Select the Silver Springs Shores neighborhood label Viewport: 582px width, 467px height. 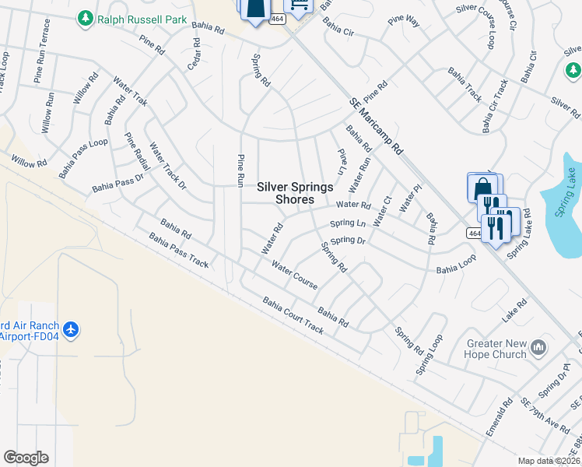tap(295, 193)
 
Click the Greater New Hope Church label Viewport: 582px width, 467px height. tap(496, 349)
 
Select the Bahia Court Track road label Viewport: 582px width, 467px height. tap(293, 315)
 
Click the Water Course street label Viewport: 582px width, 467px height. tap(294, 275)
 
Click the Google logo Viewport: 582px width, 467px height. tap(26, 458)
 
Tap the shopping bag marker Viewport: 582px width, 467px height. tap(482, 188)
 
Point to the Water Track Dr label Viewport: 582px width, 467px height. tap(168, 166)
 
